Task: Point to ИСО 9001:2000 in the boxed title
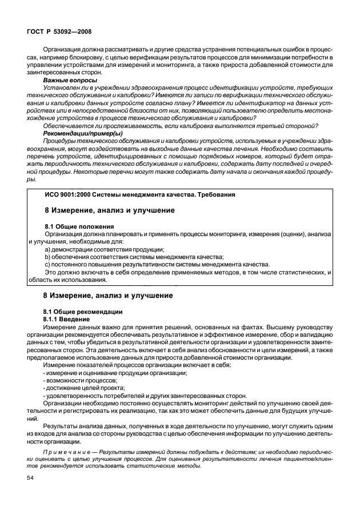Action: point(67,194)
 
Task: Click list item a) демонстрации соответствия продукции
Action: point(104,249)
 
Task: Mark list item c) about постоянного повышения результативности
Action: point(157,264)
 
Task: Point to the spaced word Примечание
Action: point(66,451)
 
